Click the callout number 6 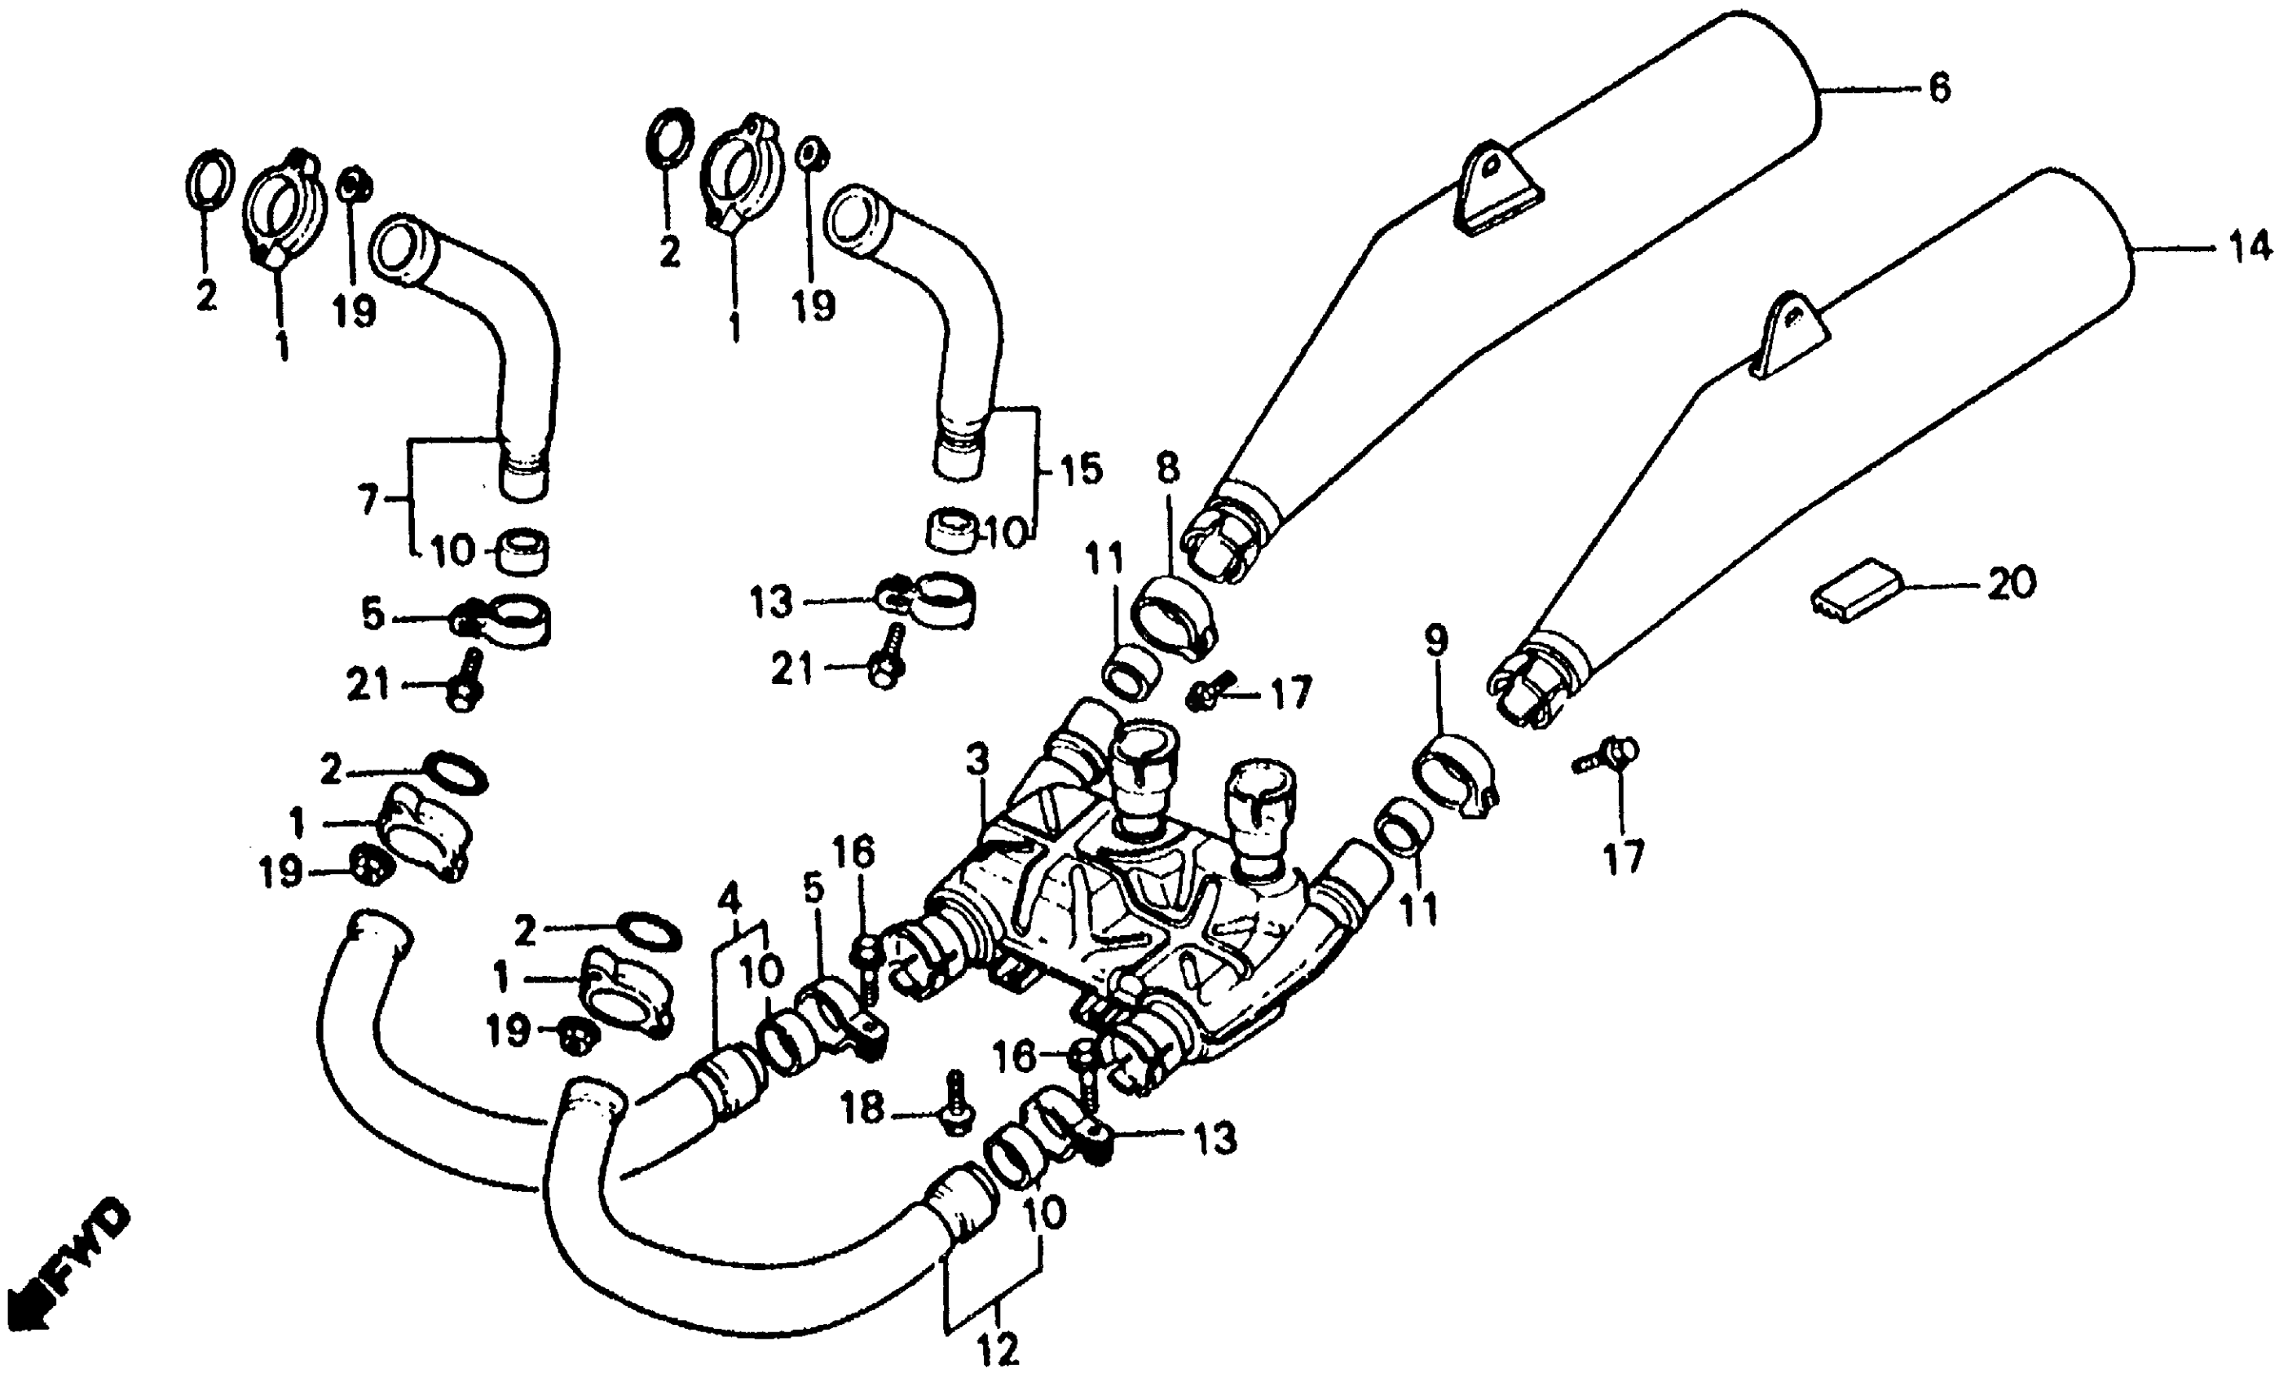point(1940,88)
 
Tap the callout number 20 point(2012,584)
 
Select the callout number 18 point(862,1108)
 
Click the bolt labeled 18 point(954,1106)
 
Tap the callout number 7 point(368,501)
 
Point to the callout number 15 point(1081,469)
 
